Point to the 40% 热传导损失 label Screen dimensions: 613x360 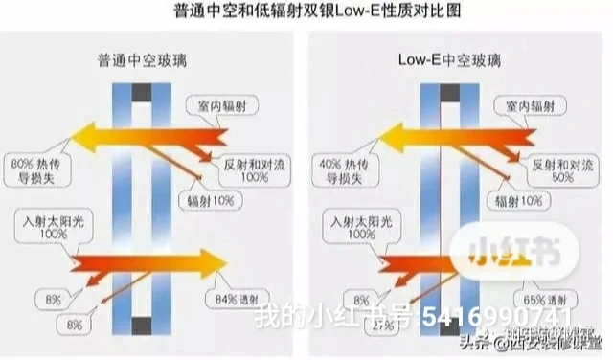[341, 168]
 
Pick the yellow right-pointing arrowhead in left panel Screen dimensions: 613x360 [210, 261]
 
